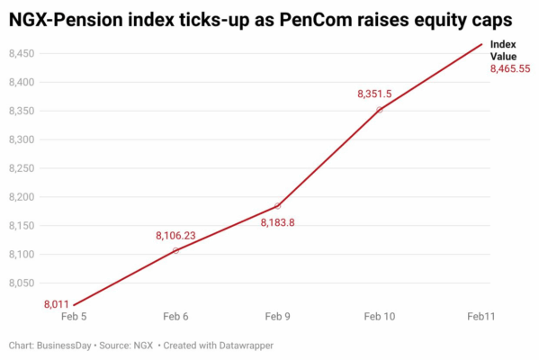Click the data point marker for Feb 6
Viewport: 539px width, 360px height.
175,251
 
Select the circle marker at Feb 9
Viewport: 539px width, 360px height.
277,206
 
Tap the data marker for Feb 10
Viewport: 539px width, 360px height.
380,110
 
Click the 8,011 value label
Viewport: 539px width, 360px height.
57,304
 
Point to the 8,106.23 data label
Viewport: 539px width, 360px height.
175,236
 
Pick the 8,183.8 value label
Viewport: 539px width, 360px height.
277,223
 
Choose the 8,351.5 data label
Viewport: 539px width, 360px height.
374,94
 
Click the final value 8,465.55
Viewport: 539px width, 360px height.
510,68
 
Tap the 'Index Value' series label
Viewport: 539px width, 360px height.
503,50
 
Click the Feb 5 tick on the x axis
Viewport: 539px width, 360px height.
74,316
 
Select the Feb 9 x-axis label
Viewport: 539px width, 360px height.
277,316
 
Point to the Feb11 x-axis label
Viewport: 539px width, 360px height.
481,316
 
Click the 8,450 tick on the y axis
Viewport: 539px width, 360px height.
22,54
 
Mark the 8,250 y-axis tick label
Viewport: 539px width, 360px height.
22,168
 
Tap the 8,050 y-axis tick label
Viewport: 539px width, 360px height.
22,283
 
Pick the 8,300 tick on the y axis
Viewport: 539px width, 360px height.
22,139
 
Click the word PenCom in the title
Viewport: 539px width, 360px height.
316,20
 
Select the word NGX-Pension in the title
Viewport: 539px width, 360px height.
66,20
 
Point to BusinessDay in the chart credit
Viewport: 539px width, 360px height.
64,346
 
